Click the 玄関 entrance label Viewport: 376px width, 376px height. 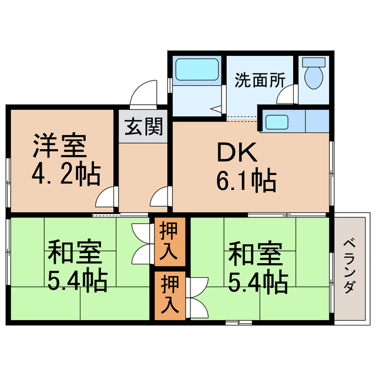click(143, 126)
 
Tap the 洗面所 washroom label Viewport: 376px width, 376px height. click(256, 80)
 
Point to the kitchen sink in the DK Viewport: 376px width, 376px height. click(276, 122)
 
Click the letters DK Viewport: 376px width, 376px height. click(237, 155)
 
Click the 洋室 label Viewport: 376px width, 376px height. click(60, 146)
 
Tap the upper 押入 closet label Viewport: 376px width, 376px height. click(170, 241)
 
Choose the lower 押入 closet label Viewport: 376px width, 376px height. click(170, 296)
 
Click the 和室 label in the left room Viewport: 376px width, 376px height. click(76, 254)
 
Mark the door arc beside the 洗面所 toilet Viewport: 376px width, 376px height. click(288, 95)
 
